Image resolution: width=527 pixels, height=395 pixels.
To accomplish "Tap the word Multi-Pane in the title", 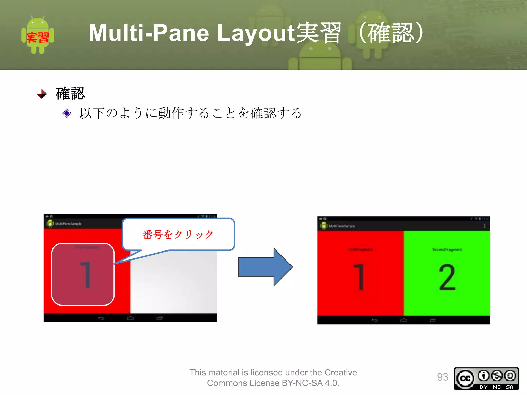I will [148, 33].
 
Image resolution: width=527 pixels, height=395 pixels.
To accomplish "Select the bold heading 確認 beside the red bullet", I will [70, 93].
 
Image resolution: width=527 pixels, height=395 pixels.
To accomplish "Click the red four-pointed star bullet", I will [42, 94].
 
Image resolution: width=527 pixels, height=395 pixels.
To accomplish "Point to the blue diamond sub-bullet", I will [67, 113].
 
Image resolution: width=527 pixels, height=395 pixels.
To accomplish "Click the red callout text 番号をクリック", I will [178, 235].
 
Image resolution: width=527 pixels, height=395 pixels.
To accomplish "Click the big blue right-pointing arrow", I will [265, 267].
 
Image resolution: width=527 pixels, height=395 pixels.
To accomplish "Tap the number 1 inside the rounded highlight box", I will [86, 275].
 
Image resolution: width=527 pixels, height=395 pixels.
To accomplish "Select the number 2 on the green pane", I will [447, 278].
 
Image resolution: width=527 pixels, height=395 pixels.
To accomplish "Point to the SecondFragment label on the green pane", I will [447, 250].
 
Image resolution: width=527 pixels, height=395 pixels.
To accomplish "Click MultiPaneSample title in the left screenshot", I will [68, 224].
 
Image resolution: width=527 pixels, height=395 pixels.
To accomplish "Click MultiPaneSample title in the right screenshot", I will [342, 226].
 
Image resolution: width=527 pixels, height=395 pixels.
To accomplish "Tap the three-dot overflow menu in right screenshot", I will [484, 226].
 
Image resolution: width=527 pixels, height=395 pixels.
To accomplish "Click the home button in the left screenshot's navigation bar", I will [130, 318].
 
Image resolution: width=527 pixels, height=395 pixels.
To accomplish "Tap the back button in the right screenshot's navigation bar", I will [374, 320].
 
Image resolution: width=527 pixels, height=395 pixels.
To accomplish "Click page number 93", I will [442, 377].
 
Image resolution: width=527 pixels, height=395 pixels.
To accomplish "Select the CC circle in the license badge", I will [465, 379].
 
